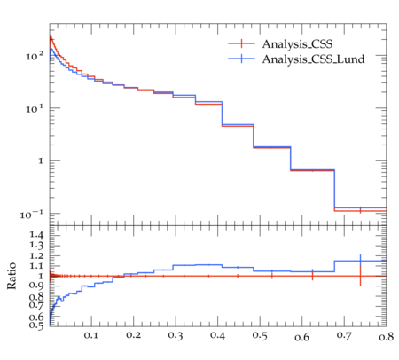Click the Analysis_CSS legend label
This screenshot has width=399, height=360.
[x=297, y=44]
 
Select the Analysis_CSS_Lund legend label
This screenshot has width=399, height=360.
[x=313, y=59]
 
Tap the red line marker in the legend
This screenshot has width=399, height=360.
[x=241, y=43]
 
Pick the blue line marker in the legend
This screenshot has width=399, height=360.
[x=241, y=59]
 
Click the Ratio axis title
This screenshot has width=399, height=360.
[x=12, y=276]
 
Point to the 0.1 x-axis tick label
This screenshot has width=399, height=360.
[x=91, y=335]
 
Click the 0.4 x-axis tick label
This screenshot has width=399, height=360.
[x=217, y=336]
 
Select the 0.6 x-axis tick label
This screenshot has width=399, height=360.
[x=301, y=337]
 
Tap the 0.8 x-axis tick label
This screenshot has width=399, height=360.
[x=386, y=336]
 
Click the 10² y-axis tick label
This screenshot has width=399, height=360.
[x=35, y=55]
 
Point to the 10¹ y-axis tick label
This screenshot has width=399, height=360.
[x=35, y=108]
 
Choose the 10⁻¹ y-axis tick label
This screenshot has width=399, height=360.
[x=32, y=215]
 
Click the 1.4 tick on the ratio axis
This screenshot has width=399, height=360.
[x=36, y=235]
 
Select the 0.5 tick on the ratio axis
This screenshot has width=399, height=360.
[x=36, y=325]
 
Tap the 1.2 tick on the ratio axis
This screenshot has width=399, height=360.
[x=36, y=255]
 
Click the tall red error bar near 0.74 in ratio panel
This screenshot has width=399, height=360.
[x=360, y=276]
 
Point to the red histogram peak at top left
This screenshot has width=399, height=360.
[x=51, y=36]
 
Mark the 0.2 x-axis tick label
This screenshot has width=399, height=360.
[x=133, y=335]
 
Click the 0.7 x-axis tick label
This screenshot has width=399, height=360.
[x=344, y=336]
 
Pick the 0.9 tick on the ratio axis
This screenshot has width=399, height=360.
[x=36, y=286]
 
